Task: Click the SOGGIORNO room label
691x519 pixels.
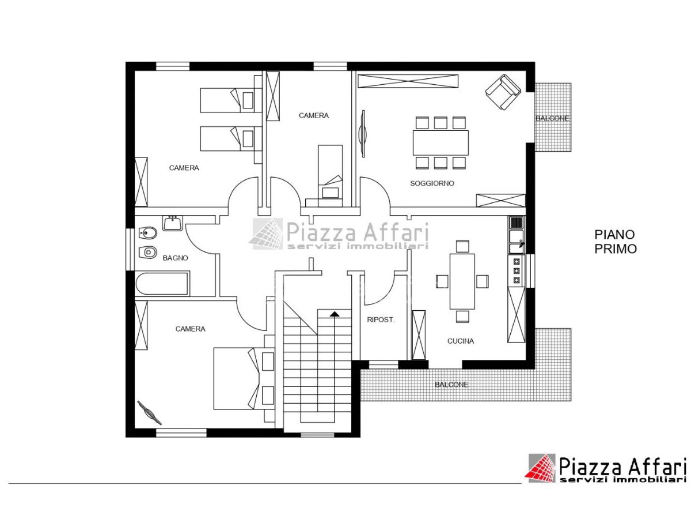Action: click(x=432, y=183)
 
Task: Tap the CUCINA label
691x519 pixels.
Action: click(x=460, y=341)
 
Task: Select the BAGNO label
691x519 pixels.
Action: click(x=175, y=258)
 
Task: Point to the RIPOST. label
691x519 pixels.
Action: click(x=380, y=320)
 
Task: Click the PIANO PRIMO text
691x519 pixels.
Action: click(x=615, y=242)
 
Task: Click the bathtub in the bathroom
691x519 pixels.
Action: click(x=162, y=284)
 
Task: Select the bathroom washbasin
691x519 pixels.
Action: click(x=172, y=223)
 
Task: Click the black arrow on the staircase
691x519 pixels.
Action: click(x=334, y=314)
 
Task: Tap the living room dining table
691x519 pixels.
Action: click(x=440, y=143)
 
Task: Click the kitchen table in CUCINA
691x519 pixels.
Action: click(x=462, y=281)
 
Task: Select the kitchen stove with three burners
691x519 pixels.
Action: click(x=516, y=271)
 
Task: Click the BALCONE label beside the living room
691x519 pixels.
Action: click(x=552, y=118)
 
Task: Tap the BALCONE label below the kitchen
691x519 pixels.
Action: click(x=451, y=385)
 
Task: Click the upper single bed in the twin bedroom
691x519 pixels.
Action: click(x=231, y=100)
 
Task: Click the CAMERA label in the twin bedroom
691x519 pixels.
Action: click(x=184, y=168)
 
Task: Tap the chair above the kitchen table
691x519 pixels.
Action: click(x=462, y=246)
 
